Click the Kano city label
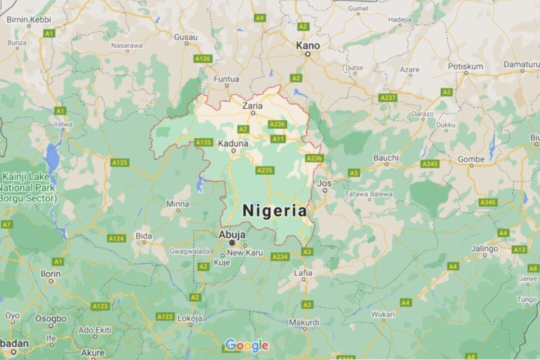(307, 45)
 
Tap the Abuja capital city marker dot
(232, 242)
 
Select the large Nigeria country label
(274, 210)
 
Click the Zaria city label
(252, 105)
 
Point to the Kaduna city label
(233, 143)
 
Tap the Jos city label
(324, 183)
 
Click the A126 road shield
(203, 59)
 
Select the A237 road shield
(388, 97)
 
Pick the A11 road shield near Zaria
(278, 138)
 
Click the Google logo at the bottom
(246, 345)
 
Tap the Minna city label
(177, 203)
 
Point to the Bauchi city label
(386, 158)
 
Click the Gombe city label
(471, 159)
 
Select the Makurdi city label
(304, 322)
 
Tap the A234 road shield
(280, 256)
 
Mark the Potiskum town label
(465, 66)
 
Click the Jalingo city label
(484, 248)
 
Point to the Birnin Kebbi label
(29, 19)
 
